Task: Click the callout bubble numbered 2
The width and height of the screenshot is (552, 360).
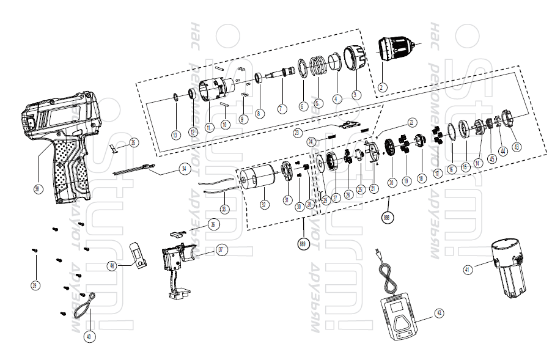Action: click(381, 87)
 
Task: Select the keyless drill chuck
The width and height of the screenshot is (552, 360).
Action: click(396, 49)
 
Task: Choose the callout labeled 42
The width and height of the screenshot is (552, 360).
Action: click(440, 312)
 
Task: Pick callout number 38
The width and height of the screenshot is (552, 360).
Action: click(38, 189)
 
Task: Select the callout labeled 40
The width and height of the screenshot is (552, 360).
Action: click(90, 336)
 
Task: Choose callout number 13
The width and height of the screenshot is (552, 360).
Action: click(175, 134)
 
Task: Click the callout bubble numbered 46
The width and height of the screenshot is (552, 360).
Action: click(112, 265)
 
